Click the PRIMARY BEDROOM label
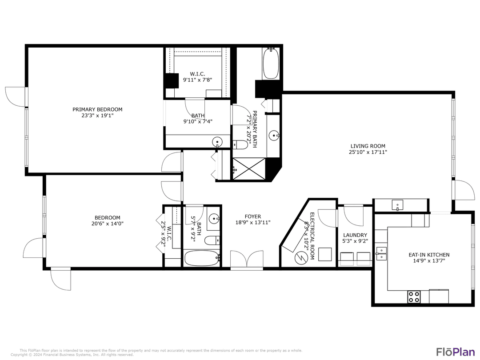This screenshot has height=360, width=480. pos(97,109)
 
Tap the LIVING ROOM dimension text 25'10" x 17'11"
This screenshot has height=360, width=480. pos(368,152)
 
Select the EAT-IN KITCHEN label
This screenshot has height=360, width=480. pos(429,255)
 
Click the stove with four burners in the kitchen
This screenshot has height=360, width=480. pos(414,296)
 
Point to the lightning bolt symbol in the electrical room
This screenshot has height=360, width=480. pos(301,257)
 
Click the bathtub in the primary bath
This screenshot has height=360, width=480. pos(271,64)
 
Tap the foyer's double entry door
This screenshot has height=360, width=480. pos(247,260)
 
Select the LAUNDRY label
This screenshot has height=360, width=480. pos(355,235)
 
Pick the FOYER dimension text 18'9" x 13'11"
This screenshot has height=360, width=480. pos(252,223)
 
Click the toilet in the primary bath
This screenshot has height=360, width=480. pos(240,144)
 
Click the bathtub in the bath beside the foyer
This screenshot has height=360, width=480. pos(201,258)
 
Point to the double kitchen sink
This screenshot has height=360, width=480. pos(381,253)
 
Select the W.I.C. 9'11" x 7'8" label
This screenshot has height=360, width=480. pos(197,77)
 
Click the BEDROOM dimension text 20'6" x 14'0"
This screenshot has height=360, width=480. pos(104,224)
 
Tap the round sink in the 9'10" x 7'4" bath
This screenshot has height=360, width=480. pos(217,142)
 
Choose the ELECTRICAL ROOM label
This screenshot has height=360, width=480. pos(312,236)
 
